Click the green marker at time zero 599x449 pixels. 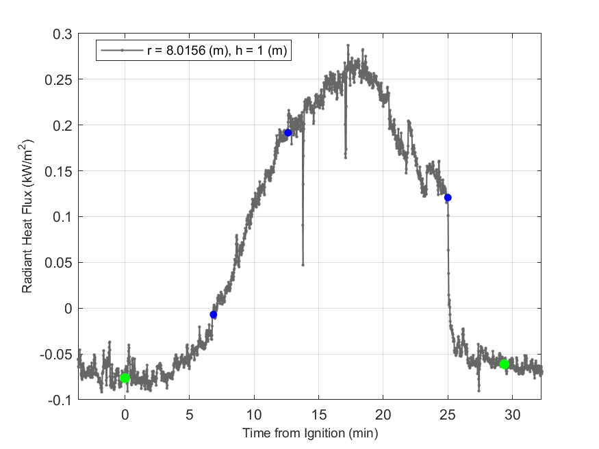coord(125,378)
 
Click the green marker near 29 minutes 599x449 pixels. coord(504,364)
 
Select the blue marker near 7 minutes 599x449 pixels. coord(214,315)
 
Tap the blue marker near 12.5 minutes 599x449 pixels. coord(288,133)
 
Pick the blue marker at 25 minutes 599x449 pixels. coord(448,198)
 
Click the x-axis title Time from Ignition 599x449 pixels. coord(309,433)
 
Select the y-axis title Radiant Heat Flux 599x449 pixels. coord(27,216)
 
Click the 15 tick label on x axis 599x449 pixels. coord(318,414)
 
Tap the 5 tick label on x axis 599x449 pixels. coord(190,414)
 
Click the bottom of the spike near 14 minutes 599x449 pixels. coord(303,264)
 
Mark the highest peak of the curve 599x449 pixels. coord(348,46)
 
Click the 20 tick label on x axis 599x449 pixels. coord(383,414)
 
